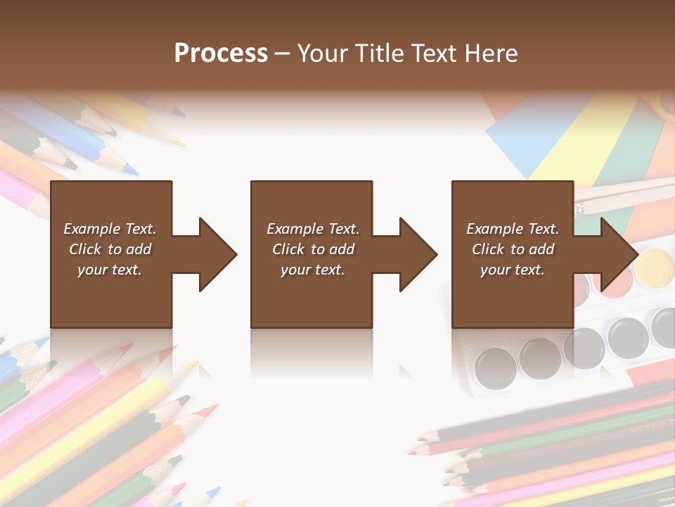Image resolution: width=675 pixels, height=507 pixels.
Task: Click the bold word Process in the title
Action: pos(221,54)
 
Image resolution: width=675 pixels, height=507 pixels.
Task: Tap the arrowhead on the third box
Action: pos(618,254)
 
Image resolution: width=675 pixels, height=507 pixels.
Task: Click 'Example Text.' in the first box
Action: pos(110,229)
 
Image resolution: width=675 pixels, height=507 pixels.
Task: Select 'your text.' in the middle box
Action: pos(312,270)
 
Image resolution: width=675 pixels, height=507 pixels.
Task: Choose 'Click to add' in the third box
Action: pos(513,249)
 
